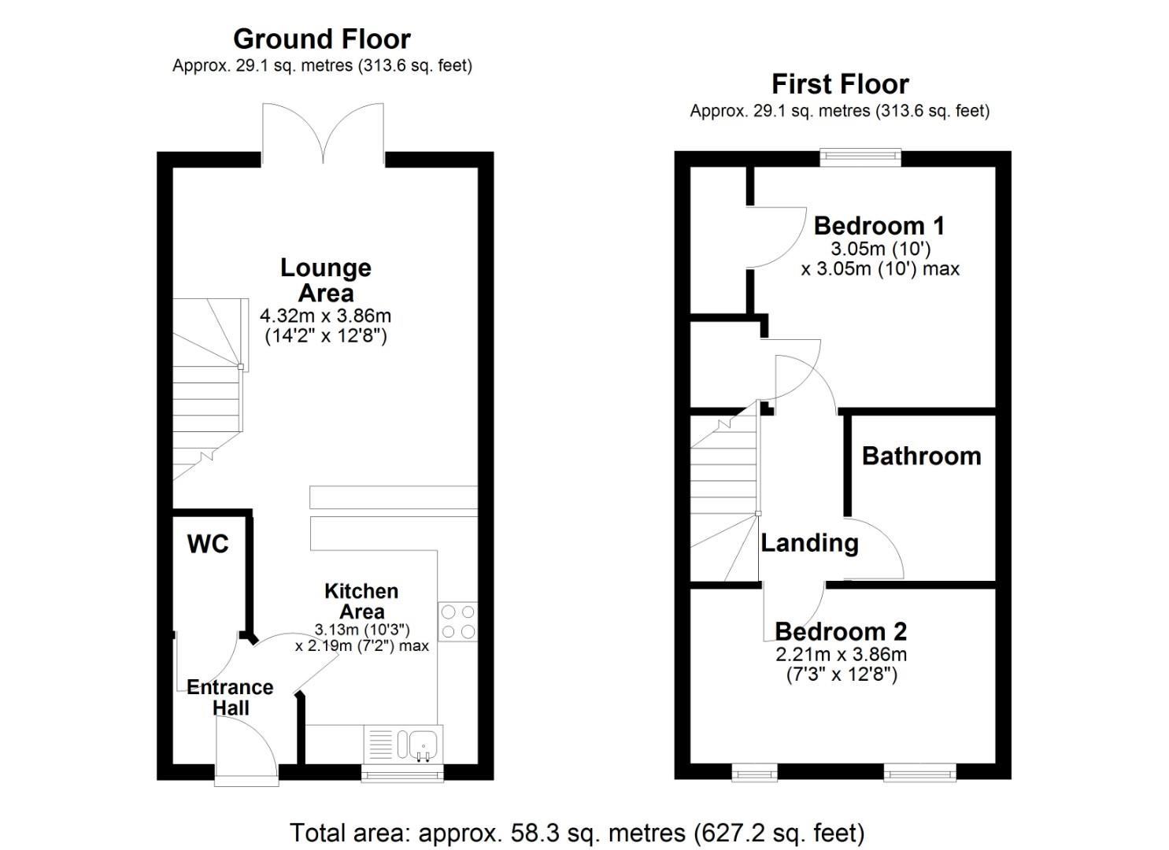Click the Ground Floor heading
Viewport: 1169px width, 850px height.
point(321,39)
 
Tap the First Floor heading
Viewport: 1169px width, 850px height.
point(840,84)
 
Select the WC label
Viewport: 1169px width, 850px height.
point(208,544)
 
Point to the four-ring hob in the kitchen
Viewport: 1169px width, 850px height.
point(457,622)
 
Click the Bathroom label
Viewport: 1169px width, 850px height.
point(922,456)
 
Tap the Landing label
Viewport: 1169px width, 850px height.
point(809,543)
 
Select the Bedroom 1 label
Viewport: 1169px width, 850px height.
point(879,226)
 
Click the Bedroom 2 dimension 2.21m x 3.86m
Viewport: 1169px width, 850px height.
point(842,654)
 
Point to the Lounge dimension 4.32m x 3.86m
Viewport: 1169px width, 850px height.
point(326,316)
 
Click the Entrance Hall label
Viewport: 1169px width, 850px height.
point(230,697)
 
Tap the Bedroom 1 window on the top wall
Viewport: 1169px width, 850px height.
point(860,157)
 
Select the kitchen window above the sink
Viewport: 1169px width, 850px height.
point(402,774)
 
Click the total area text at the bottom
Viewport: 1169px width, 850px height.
point(577,833)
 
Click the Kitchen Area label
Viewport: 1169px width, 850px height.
point(361,601)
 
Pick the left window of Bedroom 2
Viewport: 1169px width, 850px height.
point(754,773)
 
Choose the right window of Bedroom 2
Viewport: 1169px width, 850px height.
point(920,773)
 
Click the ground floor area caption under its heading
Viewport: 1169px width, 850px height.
point(322,66)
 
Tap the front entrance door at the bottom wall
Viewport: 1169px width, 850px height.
point(246,752)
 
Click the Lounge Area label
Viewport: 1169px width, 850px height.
point(326,280)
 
